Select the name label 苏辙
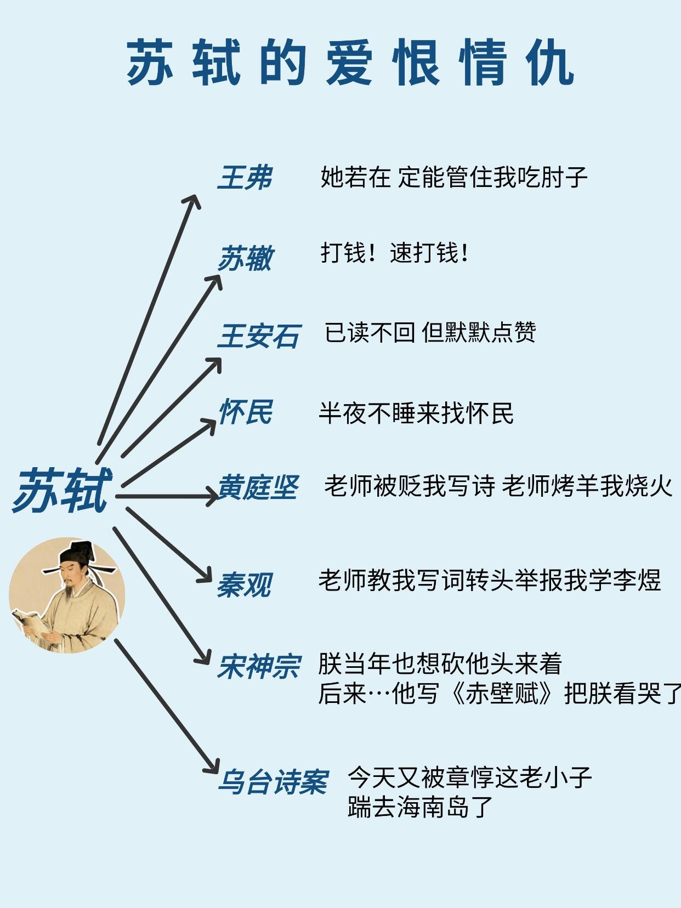pyautogui.click(x=245, y=258)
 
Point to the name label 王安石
pyautogui.click(x=259, y=336)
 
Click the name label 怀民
pyautogui.click(x=245, y=412)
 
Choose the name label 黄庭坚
pyautogui.click(x=258, y=487)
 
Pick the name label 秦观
pyautogui.click(x=244, y=585)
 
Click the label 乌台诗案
pyautogui.click(x=273, y=782)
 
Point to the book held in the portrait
pyautogui.click(x=30, y=622)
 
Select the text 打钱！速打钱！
pyautogui.click(x=394, y=253)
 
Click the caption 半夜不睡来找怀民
pyautogui.click(x=416, y=413)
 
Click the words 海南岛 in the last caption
pyautogui.click(x=434, y=807)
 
